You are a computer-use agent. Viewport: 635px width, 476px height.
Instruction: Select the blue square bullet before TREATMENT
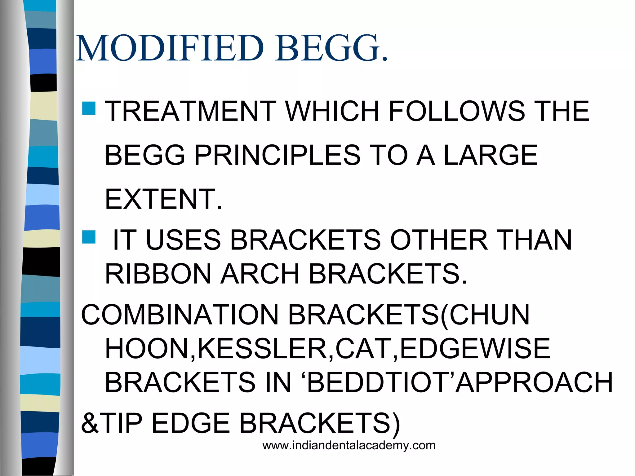pyautogui.click(x=89, y=108)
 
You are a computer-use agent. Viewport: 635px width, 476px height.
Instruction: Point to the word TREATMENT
pyautogui.click(x=191, y=111)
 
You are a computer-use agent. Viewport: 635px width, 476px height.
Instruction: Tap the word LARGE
pyautogui.click(x=491, y=155)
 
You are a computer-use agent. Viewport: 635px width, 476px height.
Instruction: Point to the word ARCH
pyautogui.click(x=260, y=274)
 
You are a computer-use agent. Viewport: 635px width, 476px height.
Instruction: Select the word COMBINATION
pyautogui.click(x=180, y=315)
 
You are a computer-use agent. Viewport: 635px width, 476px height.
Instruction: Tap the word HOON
pyautogui.click(x=147, y=349)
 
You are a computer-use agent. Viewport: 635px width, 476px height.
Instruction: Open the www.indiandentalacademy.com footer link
pyautogui.click(x=349, y=446)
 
